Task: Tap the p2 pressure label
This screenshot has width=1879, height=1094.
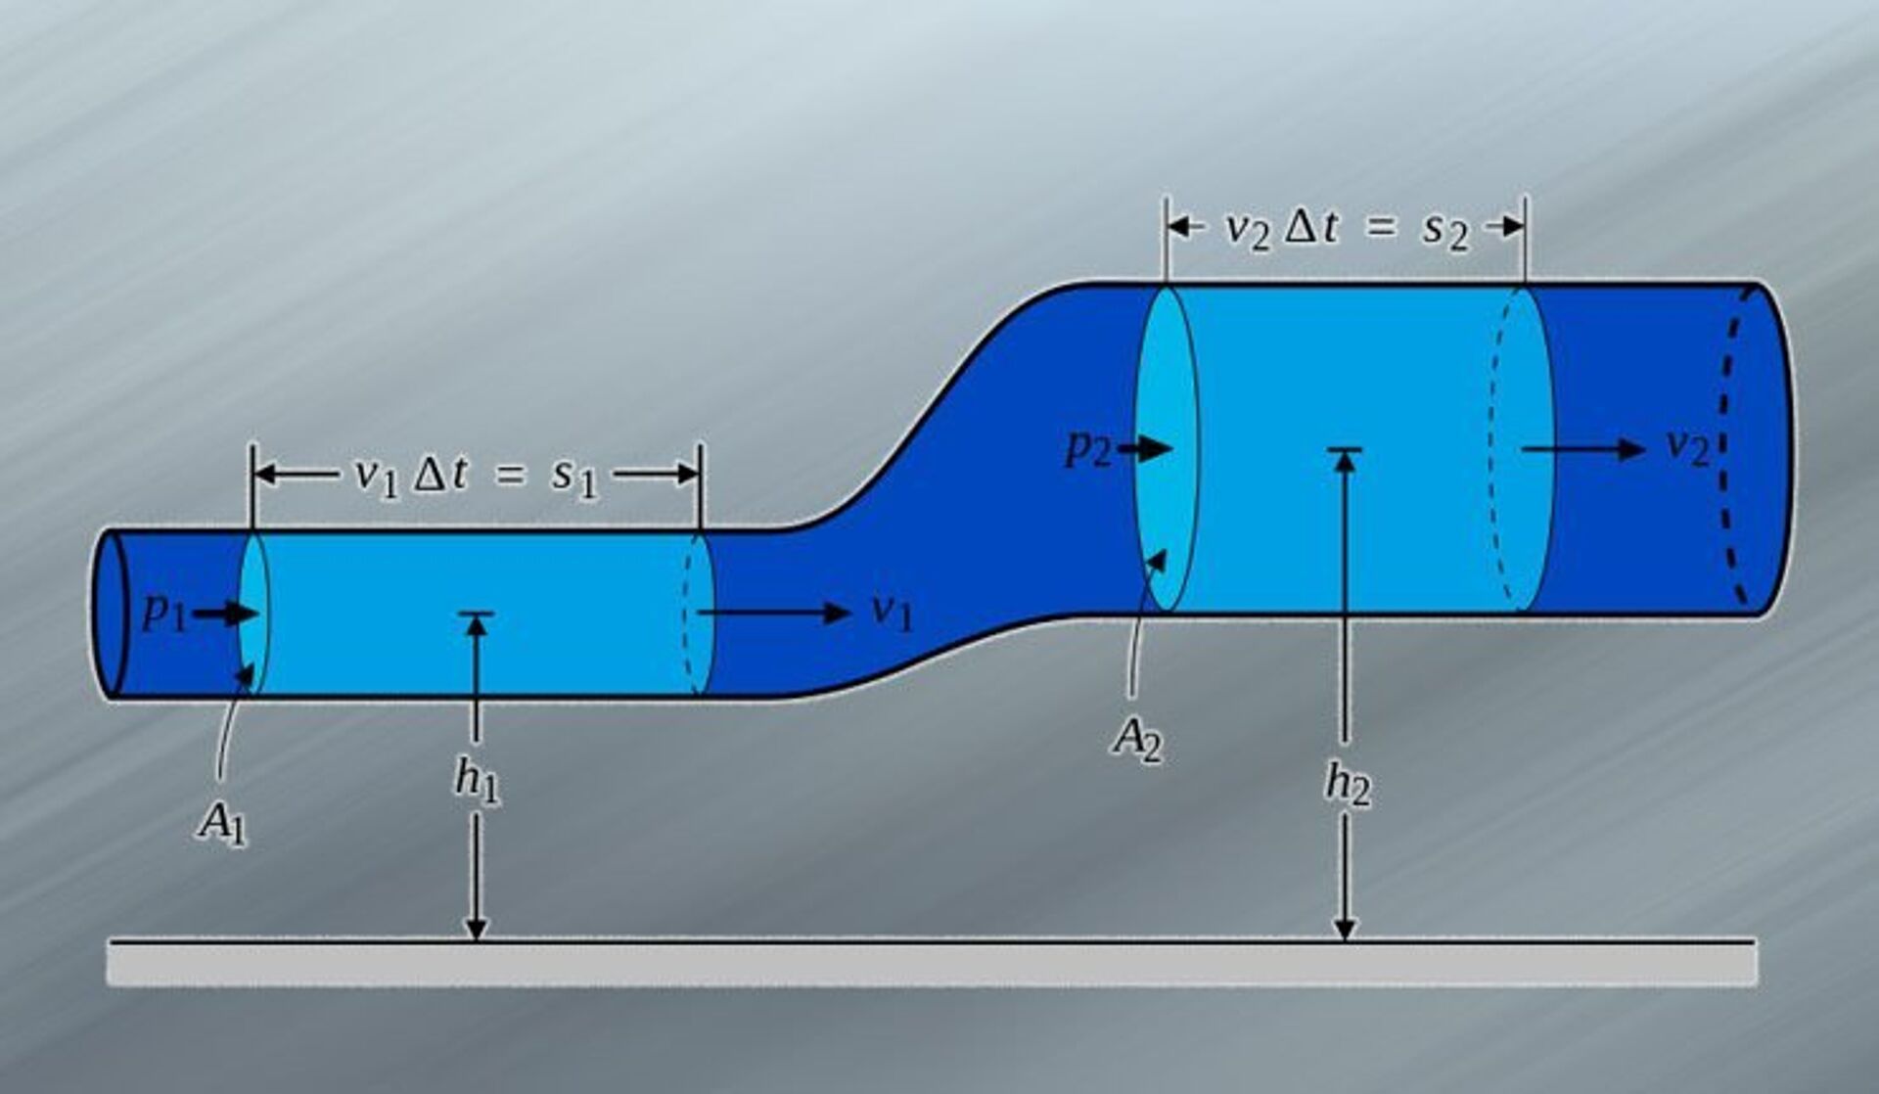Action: (x=1088, y=449)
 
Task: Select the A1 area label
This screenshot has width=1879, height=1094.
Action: (x=222, y=823)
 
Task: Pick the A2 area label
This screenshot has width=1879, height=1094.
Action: (x=1137, y=740)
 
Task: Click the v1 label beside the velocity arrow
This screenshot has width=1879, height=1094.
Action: (x=892, y=613)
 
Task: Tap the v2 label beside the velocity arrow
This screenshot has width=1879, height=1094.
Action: (x=1687, y=448)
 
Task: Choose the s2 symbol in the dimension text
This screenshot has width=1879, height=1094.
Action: (x=1446, y=231)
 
